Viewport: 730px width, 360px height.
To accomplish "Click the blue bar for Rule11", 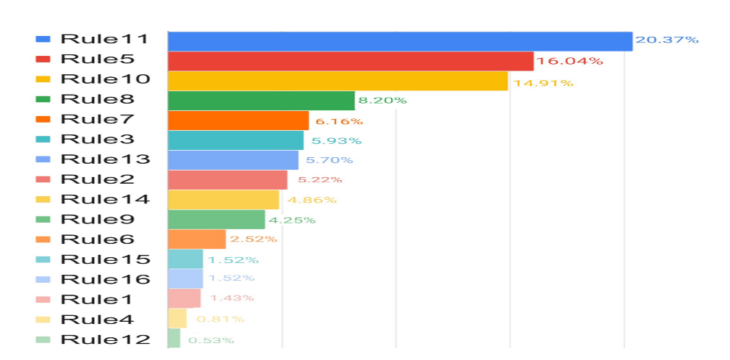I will click(400, 41).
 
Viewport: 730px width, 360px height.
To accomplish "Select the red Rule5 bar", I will click(351, 61).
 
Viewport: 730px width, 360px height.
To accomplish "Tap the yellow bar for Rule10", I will click(338, 81).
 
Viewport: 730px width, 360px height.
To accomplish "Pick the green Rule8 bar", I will click(261, 101).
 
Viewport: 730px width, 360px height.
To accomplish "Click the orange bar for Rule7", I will click(238, 120).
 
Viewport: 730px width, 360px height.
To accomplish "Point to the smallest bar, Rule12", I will click(174, 339).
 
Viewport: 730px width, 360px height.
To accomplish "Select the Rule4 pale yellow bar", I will click(177, 319).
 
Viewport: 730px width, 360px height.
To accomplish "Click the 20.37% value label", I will click(667, 40).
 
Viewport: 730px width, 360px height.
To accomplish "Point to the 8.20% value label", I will click(382, 101).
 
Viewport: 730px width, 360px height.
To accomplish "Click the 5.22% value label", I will click(320, 180).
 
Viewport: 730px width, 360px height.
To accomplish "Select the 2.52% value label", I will click(254, 240).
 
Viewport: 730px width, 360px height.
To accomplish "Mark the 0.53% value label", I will click(211, 340).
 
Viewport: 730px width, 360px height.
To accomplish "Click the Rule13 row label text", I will click(105, 159).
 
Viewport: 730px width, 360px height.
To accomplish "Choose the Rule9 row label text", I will click(97, 219).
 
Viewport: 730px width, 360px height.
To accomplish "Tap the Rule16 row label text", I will click(105, 279).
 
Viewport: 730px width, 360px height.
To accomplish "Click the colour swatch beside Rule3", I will click(43, 140).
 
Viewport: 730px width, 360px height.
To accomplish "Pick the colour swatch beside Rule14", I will click(43, 199).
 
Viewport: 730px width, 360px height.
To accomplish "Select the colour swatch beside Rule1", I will click(43, 299).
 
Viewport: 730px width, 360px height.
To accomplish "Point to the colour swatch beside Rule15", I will click(43, 259).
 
